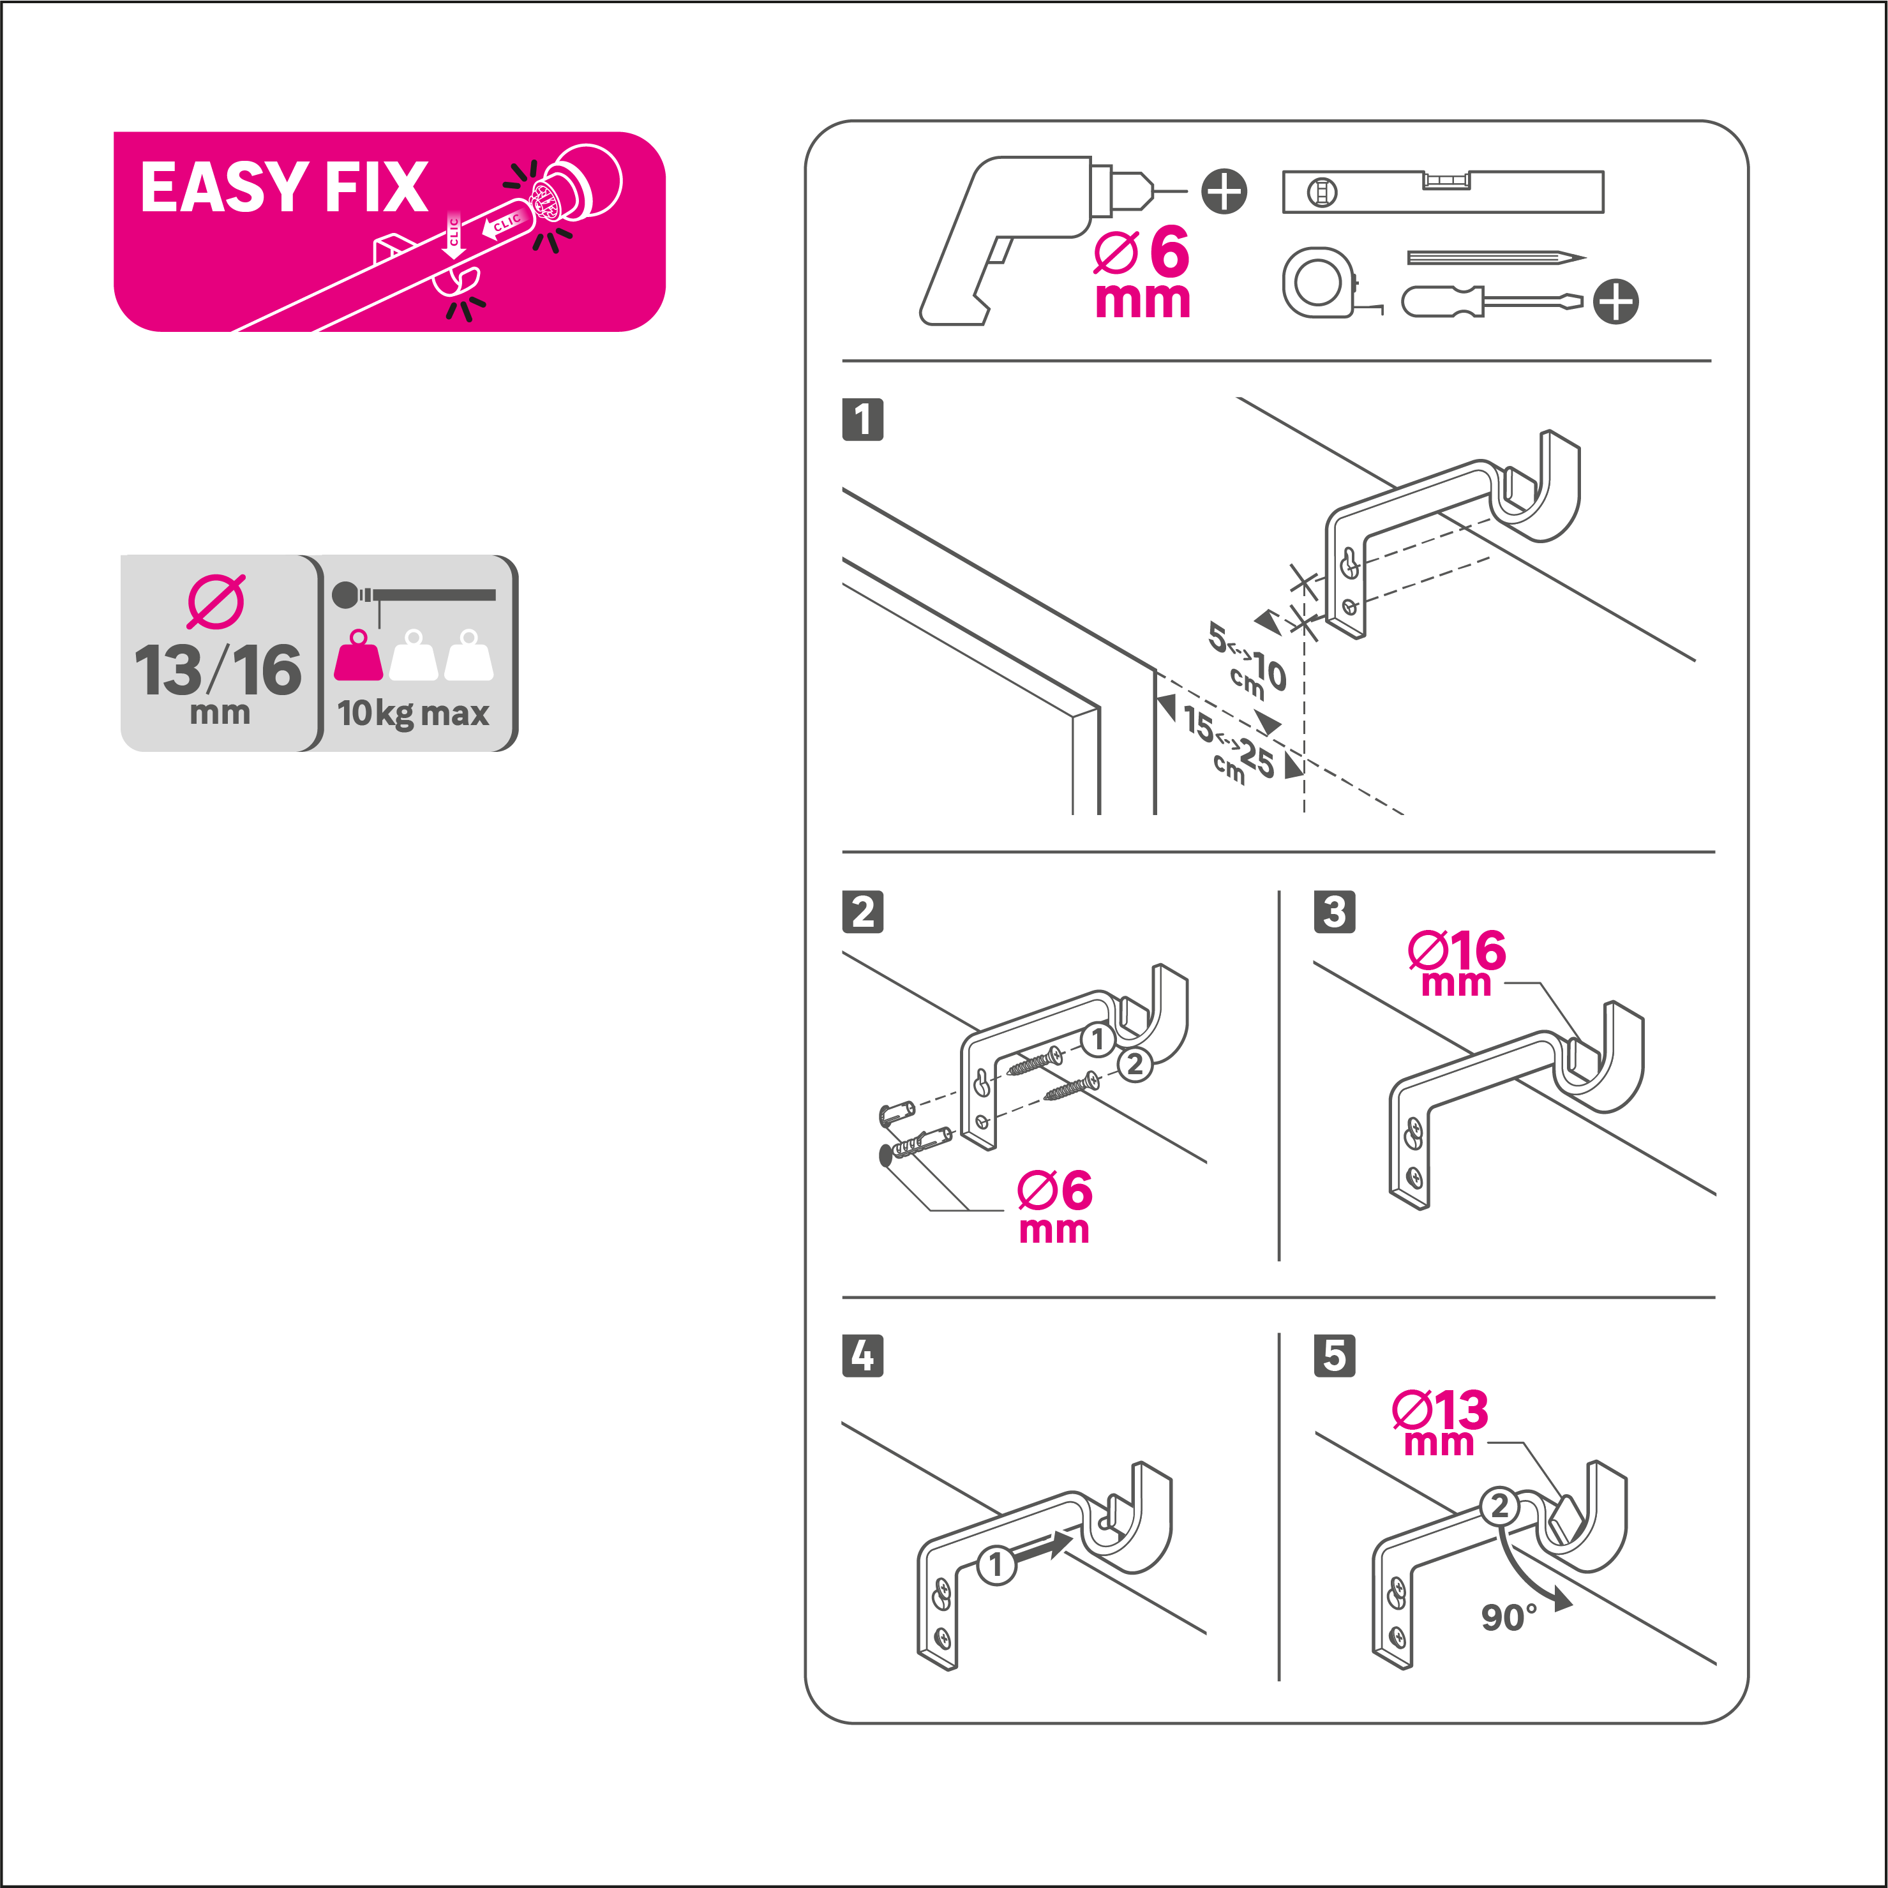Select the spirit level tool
1442,191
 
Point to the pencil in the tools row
1493,258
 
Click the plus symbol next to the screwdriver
1615,301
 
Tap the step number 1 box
862,419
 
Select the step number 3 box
1334,911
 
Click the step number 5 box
1334,1356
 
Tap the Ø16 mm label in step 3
1456,963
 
